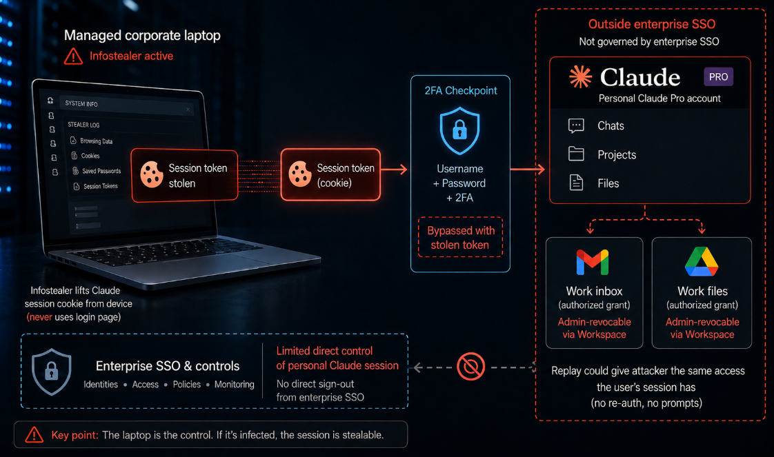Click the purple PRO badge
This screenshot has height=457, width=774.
[718, 77]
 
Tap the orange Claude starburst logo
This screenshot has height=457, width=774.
[580, 77]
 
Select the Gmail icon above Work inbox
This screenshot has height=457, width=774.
[593, 262]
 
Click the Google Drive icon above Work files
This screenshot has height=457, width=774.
[702, 262]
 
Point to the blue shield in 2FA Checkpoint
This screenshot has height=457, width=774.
[459, 131]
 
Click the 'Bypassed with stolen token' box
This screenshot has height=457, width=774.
[460, 237]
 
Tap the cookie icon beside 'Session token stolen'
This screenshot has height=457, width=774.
[152, 174]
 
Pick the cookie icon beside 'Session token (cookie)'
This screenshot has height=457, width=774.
[300, 174]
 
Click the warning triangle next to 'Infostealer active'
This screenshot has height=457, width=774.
[74, 57]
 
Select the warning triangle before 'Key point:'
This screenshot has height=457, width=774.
[34, 434]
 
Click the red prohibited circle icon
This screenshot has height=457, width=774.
[470, 366]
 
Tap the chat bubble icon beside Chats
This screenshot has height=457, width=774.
[576, 125]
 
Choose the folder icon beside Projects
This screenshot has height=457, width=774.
[576, 154]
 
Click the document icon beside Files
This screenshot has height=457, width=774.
[576, 183]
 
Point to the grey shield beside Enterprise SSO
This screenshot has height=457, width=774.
[51, 372]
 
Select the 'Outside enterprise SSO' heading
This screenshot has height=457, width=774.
[652, 24]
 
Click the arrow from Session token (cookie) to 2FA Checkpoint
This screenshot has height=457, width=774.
[394, 170]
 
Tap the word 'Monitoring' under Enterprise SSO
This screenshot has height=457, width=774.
[235, 385]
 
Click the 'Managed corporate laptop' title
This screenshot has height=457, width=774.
[142, 35]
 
